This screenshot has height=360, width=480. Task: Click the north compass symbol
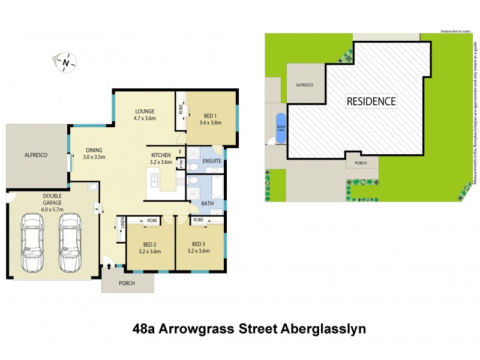pyautogui.click(x=67, y=61)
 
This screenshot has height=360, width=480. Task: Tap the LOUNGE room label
pyautogui.click(x=145, y=111)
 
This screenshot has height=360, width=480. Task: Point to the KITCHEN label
pyautogui.click(x=161, y=155)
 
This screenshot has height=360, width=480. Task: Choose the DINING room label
pyautogui.click(x=94, y=150)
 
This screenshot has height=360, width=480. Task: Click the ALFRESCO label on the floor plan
pyautogui.click(x=37, y=155)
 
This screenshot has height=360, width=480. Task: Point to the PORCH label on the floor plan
pyautogui.click(x=127, y=283)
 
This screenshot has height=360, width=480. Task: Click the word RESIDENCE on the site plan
pyautogui.click(x=371, y=101)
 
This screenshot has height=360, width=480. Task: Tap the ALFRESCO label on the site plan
pyautogui.click(x=305, y=85)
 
